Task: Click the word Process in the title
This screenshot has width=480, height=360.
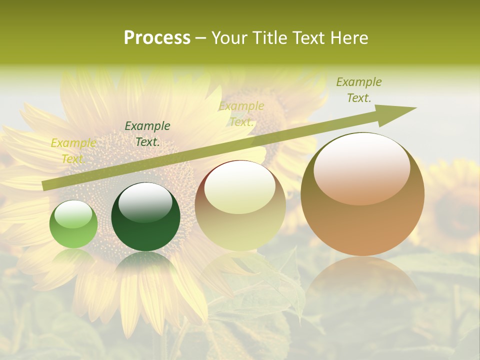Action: coord(157,38)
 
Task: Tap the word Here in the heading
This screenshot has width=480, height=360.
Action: coord(349,38)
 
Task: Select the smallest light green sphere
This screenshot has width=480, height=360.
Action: coord(73,224)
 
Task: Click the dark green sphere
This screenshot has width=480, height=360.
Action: coord(145,217)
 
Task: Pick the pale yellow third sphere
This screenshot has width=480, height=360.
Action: coord(240,205)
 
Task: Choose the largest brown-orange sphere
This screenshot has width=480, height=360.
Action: coord(362,194)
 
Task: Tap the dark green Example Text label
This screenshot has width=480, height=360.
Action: coord(147,134)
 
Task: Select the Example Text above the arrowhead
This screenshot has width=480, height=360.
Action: coord(358,90)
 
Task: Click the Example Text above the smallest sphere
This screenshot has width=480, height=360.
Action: coord(73,151)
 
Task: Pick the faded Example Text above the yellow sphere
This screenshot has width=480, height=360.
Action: coord(241,114)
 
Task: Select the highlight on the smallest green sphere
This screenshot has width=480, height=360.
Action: coord(73,215)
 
